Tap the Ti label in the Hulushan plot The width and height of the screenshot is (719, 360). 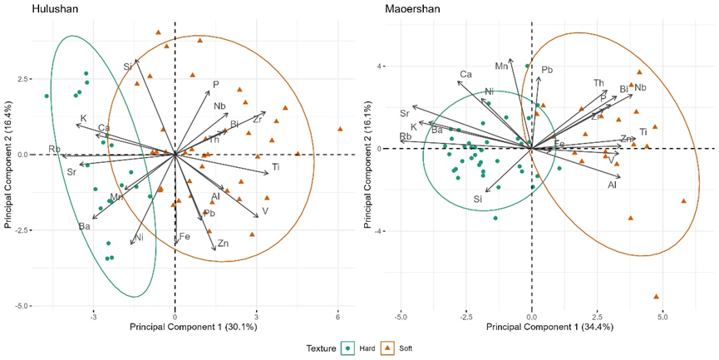tap(276, 170)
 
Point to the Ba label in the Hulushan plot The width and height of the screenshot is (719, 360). tap(85, 226)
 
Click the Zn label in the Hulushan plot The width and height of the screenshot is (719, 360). tap(223, 244)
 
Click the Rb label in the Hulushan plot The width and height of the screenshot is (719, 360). tap(55, 150)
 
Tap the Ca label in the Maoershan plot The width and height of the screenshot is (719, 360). tap(466, 75)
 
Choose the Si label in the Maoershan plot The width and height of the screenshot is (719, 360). tap(478, 199)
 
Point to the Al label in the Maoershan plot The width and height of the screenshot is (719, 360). tap(612, 185)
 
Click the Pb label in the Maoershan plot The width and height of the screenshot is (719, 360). tap(547, 70)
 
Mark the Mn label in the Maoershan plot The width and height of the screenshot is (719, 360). tap(501, 66)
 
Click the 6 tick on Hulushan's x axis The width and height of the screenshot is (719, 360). tap(338, 317)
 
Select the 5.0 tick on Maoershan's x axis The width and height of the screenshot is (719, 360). tap(662, 317)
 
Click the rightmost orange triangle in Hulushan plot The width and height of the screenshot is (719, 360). tap(340, 129)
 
